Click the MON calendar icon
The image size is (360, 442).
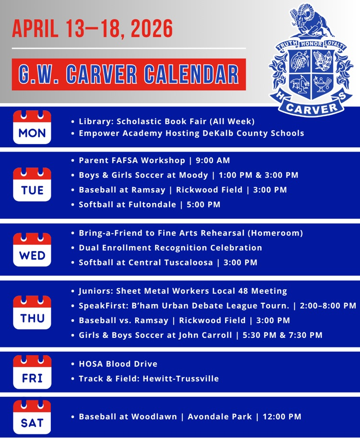click(32, 127)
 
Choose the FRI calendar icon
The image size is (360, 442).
click(32, 372)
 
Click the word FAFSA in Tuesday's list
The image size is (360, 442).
click(127, 160)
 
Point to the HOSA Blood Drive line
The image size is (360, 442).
click(118, 364)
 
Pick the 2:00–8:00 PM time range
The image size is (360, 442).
click(328, 306)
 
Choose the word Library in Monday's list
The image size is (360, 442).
click(95, 121)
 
